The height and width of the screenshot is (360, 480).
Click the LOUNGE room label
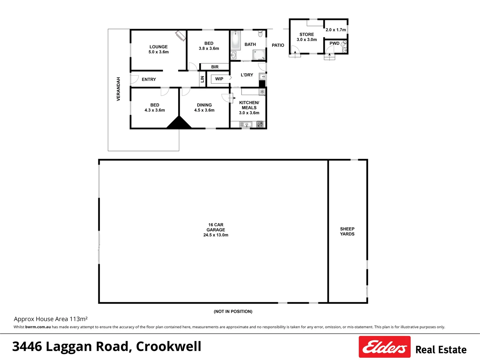tap(159, 47)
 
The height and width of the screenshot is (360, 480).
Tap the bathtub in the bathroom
tap(236, 40)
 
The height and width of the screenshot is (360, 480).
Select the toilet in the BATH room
tap(260, 34)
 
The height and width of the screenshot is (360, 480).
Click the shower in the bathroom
tap(259, 55)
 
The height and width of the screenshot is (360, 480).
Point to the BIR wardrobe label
tap(215, 67)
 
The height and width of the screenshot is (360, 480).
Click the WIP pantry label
tap(219, 79)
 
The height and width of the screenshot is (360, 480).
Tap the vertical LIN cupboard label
tap(202, 79)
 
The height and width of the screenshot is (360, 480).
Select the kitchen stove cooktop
tap(260, 125)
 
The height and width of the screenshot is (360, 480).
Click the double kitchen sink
tap(246, 125)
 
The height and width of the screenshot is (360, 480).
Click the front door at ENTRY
tap(134, 79)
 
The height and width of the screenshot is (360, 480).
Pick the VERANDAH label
tap(118, 89)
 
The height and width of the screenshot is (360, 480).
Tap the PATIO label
tap(278, 45)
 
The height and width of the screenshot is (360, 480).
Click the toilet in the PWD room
tap(343, 44)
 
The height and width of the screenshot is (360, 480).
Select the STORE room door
tap(295, 50)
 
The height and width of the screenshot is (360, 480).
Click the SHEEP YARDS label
tap(347, 231)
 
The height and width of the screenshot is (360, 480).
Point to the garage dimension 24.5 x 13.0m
tap(216, 235)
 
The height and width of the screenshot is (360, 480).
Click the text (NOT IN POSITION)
tap(233, 311)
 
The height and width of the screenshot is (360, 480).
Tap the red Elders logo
tap(384, 347)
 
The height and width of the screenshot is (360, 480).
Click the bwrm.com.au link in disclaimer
tap(38, 327)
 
